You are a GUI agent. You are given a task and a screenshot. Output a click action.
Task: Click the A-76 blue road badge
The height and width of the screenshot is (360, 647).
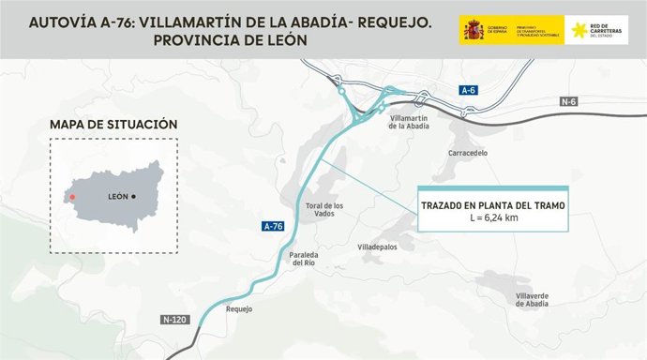[x=271, y=226]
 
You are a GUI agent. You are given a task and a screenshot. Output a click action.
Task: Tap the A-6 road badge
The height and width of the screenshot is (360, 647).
[x=469, y=90]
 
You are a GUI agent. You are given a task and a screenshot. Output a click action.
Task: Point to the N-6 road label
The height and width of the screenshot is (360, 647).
[x=568, y=101]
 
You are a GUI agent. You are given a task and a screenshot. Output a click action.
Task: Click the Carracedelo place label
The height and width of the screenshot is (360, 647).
[x=468, y=152]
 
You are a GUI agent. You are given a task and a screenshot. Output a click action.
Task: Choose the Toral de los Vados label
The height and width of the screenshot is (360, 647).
[x=325, y=209]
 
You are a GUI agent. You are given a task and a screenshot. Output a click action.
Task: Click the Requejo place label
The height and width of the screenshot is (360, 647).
[x=240, y=308]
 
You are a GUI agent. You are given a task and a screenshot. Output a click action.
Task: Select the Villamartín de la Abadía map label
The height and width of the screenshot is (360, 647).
[x=408, y=123]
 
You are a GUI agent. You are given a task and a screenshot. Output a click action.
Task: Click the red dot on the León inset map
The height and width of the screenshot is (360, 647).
[x=71, y=197]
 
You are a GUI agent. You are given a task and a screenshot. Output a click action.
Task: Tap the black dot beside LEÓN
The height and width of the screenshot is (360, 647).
[x=134, y=196]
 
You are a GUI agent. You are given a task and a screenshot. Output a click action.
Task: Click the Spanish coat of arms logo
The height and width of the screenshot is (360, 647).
[x=471, y=30]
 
